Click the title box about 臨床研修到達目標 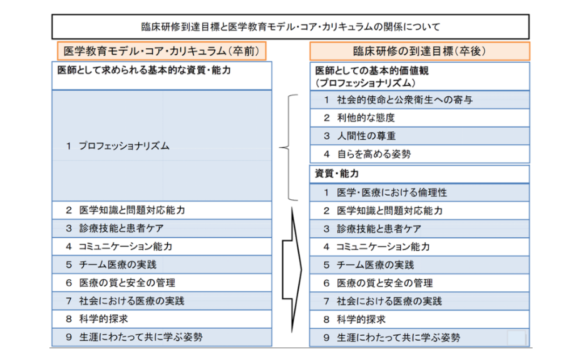pyautogui.click(x=290, y=26)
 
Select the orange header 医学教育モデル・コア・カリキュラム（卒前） pyautogui.click(x=162, y=51)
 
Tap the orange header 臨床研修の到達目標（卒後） pyautogui.click(x=419, y=51)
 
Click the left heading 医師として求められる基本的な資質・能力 pyautogui.click(x=162, y=76)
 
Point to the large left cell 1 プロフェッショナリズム pyautogui.click(x=162, y=145)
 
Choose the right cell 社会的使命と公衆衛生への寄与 pyautogui.click(x=419, y=100)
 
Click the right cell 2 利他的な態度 pyautogui.click(x=419, y=118)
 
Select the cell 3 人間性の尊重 pyautogui.click(x=419, y=136)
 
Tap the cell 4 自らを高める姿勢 pyautogui.click(x=419, y=153)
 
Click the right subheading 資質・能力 pyautogui.click(x=419, y=174)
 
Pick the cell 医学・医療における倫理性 pyautogui.click(x=419, y=193)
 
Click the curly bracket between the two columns pyautogui.click(x=289, y=147)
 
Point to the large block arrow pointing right pyautogui.click(x=292, y=269)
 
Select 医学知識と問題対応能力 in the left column pyautogui.click(x=162, y=210)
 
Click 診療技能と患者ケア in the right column pyautogui.click(x=419, y=229)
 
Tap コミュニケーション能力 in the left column pyautogui.click(x=162, y=246)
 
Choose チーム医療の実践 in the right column pyautogui.click(x=419, y=265)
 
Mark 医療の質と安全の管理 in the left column pyautogui.click(x=162, y=282)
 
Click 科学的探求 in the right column pyautogui.click(x=419, y=319)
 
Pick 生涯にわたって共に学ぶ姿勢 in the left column pyautogui.click(x=162, y=337)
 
